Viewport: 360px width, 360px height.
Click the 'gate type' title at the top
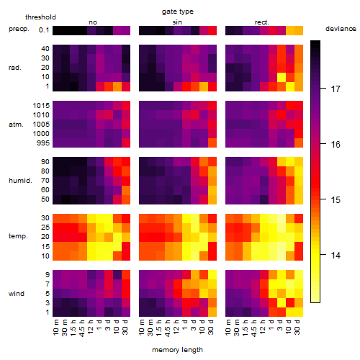[x=178, y=12]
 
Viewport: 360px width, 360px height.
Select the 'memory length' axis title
[x=178, y=350]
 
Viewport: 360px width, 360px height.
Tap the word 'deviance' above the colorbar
[x=341, y=29]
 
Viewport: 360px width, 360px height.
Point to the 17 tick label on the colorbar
[x=336, y=89]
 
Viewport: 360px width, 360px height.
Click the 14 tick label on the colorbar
[x=336, y=255]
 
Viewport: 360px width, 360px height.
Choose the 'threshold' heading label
[x=40, y=17]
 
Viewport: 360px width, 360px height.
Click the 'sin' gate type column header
[x=177, y=22]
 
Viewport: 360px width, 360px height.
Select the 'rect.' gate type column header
[x=262, y=22]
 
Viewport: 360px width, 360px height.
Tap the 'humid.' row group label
[x=20, y=181]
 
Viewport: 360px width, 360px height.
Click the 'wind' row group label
[x=17, y=294]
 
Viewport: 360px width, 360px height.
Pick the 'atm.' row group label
[x=16, y=125]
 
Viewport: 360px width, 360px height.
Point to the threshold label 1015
[x=41, y=106]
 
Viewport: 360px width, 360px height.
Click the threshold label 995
[x=43, y=143]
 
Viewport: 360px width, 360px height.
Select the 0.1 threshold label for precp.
[x=44, y=30]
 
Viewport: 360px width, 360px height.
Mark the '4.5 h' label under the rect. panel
[x=253, y=328]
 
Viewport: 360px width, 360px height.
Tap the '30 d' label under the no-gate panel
[x=125, y=327]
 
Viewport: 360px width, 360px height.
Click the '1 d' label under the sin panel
[x=184, y=325]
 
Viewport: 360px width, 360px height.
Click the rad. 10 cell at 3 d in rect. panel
[x=282, y=77]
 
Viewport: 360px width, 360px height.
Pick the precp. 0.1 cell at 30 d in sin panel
[x=212, y=31]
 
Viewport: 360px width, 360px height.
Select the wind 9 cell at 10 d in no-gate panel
[x=117, y=274]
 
